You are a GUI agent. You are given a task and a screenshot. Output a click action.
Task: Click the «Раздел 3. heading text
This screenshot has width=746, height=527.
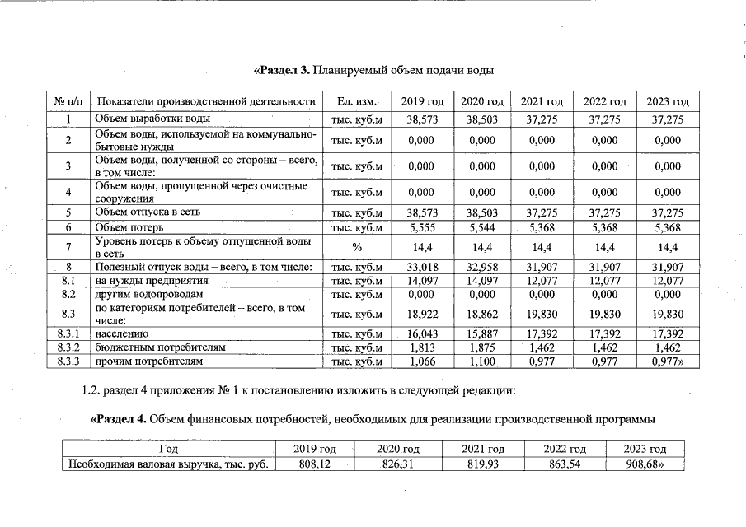click(283, 70)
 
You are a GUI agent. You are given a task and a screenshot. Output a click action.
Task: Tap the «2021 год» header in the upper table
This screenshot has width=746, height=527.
click(542, 101)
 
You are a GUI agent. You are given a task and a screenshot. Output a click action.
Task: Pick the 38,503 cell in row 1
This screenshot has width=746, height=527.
click(481, 119)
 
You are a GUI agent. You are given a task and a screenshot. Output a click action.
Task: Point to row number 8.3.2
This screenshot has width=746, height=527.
click(69, 348)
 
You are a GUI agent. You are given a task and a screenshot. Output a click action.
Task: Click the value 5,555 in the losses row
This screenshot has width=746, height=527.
click(421, 227)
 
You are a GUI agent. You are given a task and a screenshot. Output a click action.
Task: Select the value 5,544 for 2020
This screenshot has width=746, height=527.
click(481, 227)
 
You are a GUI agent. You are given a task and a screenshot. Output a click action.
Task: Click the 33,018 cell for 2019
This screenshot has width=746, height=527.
click(421, 267)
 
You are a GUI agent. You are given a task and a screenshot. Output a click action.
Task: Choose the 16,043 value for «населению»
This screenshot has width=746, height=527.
click(421, 335)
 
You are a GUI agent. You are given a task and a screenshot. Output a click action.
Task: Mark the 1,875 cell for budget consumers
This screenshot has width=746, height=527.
click(481, 348)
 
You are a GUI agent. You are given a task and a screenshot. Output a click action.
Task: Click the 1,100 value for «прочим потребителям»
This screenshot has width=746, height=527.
click(481, 361)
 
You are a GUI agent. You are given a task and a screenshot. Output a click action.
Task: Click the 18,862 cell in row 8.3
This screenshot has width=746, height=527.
click(481, 314)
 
